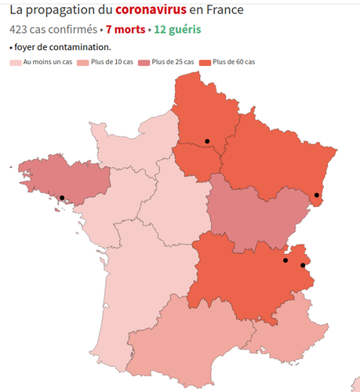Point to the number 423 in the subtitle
(20, 30)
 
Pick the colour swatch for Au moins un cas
(15, 62)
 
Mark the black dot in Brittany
(62, 198)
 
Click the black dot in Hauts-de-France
(207, 141)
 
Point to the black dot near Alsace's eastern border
(316, 195)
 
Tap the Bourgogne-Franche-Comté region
(247, 212)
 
